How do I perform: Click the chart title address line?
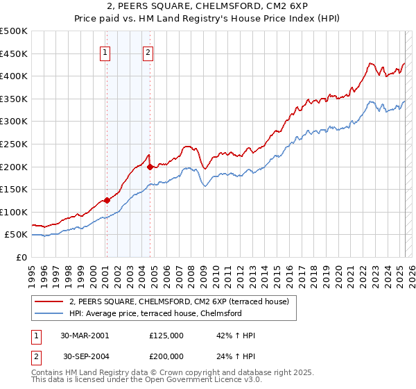pyautogui.click(x=207, y=6)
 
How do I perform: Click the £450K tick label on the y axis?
pyautogui.click(x=14, y=53)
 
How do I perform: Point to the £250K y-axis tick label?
pyautogui.click(x=14, y=144)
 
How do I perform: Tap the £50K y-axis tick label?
pyautogui.click(x=17, y=235)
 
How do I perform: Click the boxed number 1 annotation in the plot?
pyautogui.click(x=105, y=51)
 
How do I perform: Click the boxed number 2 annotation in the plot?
pyautogui.click(x=148, y=51)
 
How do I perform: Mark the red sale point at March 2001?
pyautogui.click(x=107, y=201)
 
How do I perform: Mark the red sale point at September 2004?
pyautogui.click(x=150, y=167)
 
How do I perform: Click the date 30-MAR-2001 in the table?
pyautogui.click(x=85, y=336)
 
